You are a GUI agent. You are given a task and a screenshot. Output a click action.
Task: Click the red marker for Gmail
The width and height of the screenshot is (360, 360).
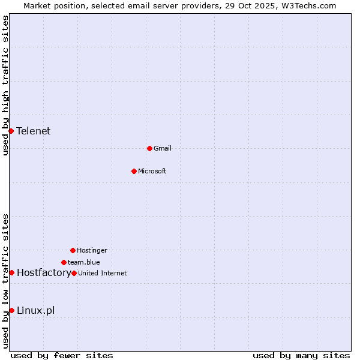(x=149, y=148)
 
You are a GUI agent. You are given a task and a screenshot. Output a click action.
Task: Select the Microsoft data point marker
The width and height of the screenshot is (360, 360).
(x=134, y=171)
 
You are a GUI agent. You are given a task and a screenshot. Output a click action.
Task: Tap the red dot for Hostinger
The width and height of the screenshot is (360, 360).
(x=73, y=250)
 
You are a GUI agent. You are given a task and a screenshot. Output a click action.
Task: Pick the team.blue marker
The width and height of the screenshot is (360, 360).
(x=64, y=262)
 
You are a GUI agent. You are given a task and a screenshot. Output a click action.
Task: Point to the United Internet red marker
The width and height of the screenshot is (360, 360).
(x=74, y=273)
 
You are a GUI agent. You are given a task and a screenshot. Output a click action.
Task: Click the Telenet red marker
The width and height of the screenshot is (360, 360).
(x=11, y=131)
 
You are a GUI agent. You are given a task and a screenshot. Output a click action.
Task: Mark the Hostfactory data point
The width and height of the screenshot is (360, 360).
(x=11, y=272)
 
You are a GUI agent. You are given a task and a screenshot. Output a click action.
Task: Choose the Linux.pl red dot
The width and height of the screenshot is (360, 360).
(x=11, y=310)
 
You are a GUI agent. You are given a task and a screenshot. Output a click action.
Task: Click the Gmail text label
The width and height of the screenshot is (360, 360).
(x=163, y=148)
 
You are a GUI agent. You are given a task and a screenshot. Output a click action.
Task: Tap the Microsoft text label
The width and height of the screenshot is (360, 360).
(x=152, y=171)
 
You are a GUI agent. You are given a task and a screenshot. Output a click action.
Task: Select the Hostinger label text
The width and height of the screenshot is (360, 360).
(x=92, y=250)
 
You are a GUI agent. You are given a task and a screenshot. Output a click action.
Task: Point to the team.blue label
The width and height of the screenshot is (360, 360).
(x=84, y=262)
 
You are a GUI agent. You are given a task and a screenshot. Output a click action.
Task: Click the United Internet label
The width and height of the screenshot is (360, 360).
(x=103, y=273)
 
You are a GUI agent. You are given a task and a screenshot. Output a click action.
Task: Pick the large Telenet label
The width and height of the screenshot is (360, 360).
(x=34, y=131)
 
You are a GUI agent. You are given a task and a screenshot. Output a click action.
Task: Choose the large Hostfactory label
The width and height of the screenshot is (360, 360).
(x=44, y=272)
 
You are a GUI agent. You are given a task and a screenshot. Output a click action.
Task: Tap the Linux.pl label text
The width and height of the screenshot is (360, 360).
(x=36, y=310)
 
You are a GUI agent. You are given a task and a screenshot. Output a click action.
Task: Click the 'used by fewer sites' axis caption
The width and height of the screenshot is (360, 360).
(x=62, y=355)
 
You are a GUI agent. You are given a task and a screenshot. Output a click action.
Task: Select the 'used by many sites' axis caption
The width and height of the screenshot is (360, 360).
(x=301, y=355)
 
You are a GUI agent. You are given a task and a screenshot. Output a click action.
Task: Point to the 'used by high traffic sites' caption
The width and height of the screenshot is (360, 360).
(x=5, y=85)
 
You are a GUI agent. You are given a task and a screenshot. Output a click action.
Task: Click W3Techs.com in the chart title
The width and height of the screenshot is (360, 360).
(x=308, y=5)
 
